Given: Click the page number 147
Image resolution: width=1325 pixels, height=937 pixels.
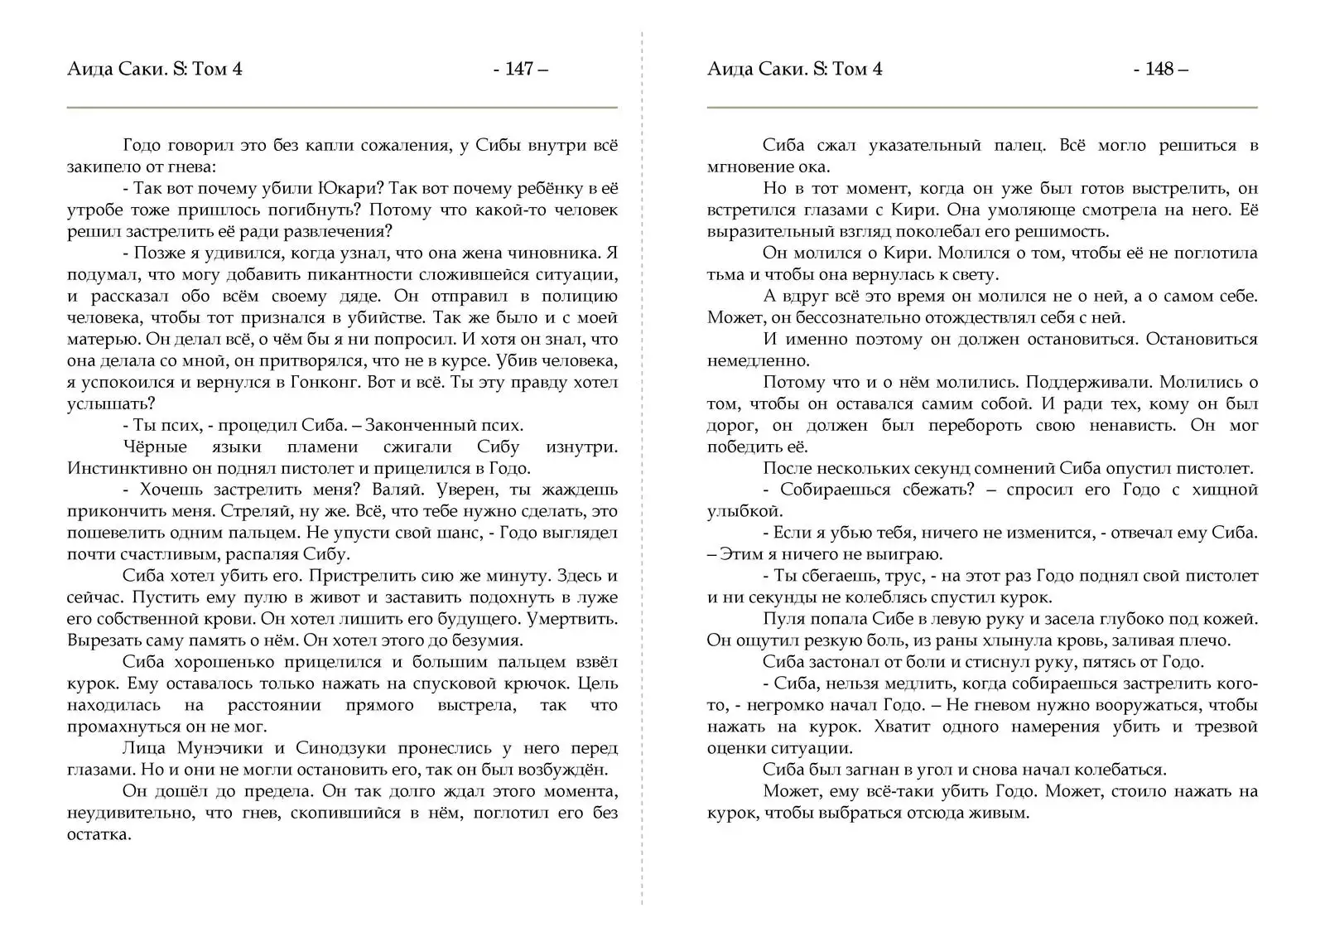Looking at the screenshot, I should click(519, 69).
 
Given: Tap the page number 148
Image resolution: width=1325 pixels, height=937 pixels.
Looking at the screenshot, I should click(1159, 69).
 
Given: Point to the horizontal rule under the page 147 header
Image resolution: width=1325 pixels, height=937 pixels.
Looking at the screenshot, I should click(342, 108).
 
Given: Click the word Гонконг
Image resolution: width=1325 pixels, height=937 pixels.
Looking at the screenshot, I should click(325, 382).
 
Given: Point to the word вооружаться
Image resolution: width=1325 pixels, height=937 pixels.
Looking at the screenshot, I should click(1147, 705).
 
